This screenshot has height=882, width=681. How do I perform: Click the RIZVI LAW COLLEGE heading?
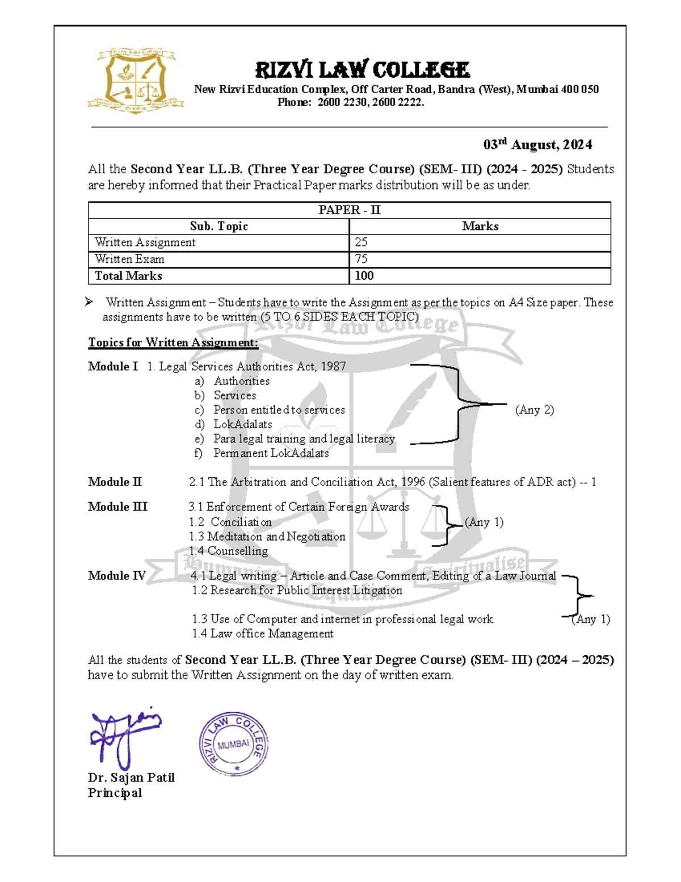click(362, 70)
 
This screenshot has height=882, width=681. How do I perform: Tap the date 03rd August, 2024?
click(537, 145)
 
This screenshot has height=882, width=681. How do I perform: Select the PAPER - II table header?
click(349, 210)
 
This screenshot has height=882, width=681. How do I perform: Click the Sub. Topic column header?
click(218, 226)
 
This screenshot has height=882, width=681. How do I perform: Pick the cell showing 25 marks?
click(361, 243)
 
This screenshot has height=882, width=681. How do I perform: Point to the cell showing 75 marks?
click(361, 259)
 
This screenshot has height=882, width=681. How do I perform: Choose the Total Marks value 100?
click(364, 276)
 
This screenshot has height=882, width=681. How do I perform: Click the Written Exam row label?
click(129, 259)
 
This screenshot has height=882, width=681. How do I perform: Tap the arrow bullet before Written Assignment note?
click(89, 302)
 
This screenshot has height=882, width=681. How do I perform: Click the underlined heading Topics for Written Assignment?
click(173, 342)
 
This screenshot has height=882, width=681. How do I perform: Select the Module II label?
click(115, 482)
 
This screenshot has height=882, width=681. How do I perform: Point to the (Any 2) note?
click(534, 410)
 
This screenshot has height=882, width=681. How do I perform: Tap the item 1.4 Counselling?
click(228, 551)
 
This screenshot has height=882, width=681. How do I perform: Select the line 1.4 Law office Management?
click(262, 634)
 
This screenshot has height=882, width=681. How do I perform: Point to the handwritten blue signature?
click(123, 735)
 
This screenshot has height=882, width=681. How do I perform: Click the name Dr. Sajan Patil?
click(131, 778)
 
